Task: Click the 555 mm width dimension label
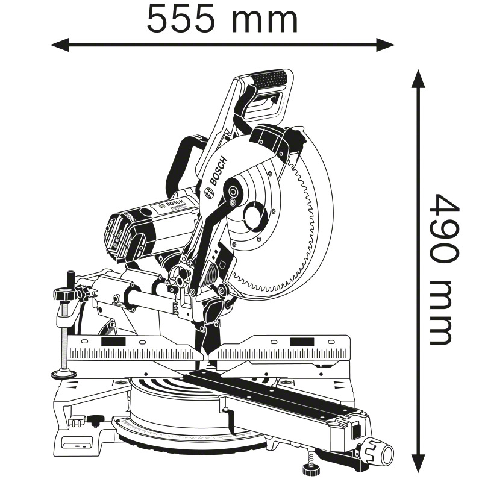pos(222,20)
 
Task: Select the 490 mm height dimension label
pos(443,269)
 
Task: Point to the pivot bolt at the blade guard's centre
pos(232,193)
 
